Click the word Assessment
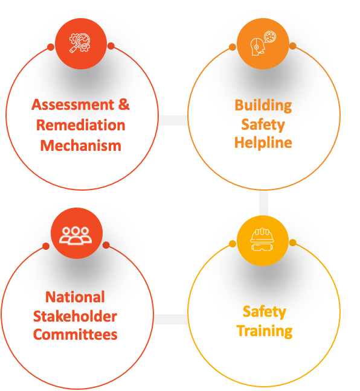73,104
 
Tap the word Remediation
81,125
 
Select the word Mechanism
81,145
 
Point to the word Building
263,106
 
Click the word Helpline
263,143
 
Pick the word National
75,297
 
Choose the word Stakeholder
75,316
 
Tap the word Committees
75,334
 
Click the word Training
265,331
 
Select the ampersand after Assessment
124,104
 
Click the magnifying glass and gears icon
80,43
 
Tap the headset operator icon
263,43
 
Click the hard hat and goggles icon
262,240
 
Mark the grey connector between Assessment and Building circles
173,120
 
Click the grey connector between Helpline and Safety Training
263,203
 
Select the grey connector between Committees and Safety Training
171,319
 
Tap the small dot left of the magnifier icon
51,47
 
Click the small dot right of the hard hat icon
293,243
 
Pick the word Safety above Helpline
263,125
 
